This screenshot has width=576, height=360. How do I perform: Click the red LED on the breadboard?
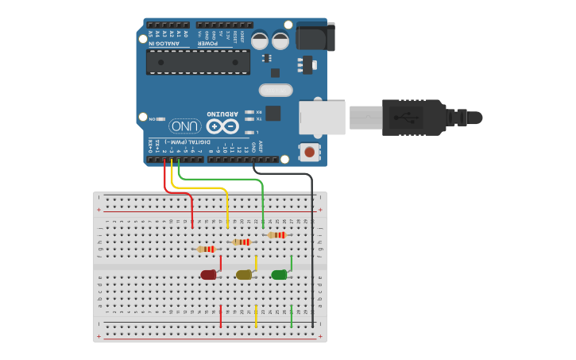pos(208,275)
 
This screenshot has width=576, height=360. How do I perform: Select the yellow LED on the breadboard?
pos(244,275)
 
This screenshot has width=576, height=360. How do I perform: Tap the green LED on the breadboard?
pos(279,275)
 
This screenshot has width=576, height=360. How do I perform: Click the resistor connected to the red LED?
pos(207,249)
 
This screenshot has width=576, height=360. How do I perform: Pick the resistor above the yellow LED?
pos(242,242)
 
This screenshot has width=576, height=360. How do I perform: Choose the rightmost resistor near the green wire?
pos(276,234)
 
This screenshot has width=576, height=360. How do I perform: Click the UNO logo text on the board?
pos(184,126)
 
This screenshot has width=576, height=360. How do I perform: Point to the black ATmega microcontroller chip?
pos(198,61)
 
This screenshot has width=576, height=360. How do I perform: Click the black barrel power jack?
pos(315,37)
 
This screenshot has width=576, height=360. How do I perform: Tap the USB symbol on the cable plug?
pos(407,118)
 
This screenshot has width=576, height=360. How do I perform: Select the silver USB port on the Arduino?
pos(322,118)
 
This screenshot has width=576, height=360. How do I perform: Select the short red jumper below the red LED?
pos(221,315)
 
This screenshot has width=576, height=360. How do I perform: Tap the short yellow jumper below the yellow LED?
pos(256,315)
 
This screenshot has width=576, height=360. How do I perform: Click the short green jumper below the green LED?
pos(291,315)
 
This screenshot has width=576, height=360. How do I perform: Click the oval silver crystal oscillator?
pos(276,90)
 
